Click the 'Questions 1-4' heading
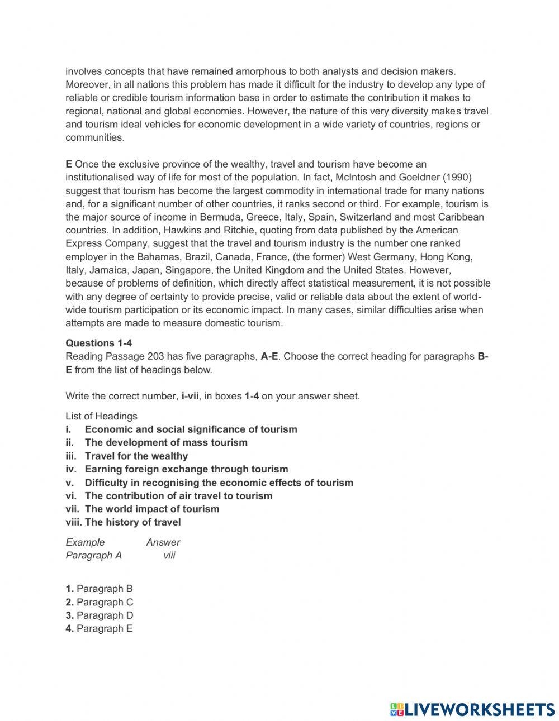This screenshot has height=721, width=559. pos(98,343)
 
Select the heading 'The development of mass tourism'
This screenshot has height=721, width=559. pos(165,442)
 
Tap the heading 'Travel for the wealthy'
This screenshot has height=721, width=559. pos(136,456)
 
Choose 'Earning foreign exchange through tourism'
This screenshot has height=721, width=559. pos(186,469)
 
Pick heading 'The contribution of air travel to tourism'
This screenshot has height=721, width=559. pos(178,495)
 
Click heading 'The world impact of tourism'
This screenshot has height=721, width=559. pos(151,509)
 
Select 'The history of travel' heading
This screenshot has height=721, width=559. pos(132,522)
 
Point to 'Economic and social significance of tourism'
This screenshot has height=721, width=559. pos(191,429)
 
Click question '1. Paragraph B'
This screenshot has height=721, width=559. pos(99,589)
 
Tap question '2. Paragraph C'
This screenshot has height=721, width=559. pos(99,602)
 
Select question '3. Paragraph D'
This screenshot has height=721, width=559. pos(99,615)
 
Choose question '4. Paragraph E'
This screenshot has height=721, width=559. pos(99,628)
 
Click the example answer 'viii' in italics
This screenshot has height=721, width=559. pos(169,555)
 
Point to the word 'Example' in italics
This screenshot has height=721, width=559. pos(85,542)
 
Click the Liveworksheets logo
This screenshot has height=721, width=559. pos(472,709)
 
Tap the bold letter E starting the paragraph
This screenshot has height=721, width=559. pos(69,164)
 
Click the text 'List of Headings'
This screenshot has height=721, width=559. pos(101,416)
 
